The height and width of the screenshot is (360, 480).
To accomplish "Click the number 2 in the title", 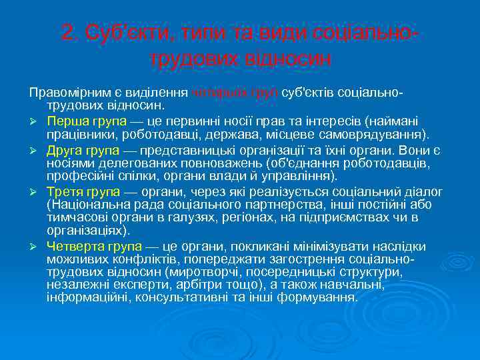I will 67,32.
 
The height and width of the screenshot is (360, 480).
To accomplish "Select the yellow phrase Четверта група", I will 90,247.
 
